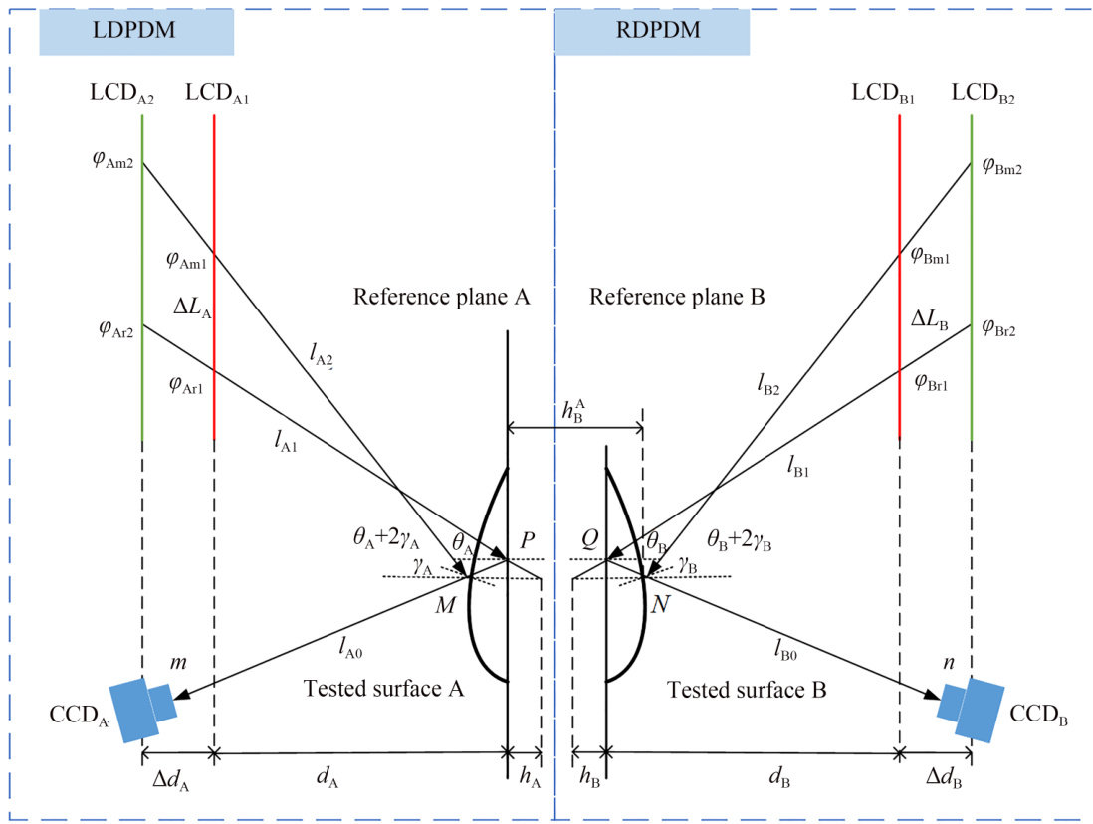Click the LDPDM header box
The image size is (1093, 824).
pos(136,31)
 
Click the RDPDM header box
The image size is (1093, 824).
pos(652,32)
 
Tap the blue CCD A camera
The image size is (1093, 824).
pos(143,709)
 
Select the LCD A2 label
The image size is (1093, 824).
pos(122,94)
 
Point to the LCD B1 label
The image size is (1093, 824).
pos(883,94)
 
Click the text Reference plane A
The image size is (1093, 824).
pos(441,297)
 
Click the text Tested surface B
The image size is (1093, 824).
pos(747,690)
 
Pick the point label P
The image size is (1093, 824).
pos(527,540)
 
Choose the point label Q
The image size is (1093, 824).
pos(589,538)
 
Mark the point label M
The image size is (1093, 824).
pos(445,605)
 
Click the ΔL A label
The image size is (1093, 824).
pos(192,307)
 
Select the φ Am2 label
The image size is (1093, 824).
pos(112,160)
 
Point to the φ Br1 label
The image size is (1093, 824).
pos(931,383)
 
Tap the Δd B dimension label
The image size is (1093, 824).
pos(944,777)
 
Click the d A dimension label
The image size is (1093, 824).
pos(328,776)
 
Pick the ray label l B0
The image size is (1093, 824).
pos(784,650)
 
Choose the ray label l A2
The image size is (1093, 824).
pos(322,355)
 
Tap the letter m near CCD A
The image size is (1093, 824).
pos(178,662)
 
